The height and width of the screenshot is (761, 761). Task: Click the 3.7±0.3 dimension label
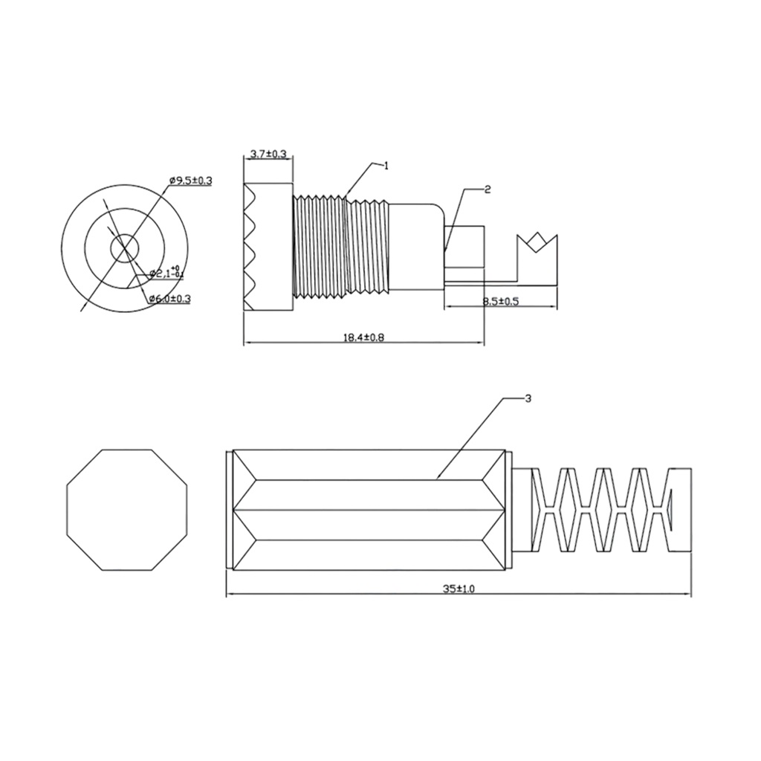pos(268,155)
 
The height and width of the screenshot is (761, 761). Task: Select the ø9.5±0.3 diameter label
pos(191,181)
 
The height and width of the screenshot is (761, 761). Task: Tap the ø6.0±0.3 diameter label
pos(169,299)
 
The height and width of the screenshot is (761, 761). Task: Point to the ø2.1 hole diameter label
pos(166,273)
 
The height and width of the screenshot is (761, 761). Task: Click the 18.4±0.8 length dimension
pos(363,337)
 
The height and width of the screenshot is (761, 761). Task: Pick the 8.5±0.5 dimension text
pos(500,301)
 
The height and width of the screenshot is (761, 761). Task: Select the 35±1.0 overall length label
pos(458,589)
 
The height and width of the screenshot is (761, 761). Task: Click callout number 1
pos(386,166)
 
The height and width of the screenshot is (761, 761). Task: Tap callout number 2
pos(488,190)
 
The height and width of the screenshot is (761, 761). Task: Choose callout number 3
pos(528,399)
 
